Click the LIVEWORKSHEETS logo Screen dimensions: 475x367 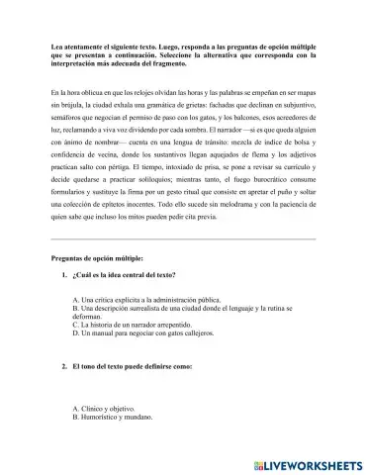(x=309, y=463)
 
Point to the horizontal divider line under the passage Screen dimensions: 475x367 (x=183, y=239)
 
